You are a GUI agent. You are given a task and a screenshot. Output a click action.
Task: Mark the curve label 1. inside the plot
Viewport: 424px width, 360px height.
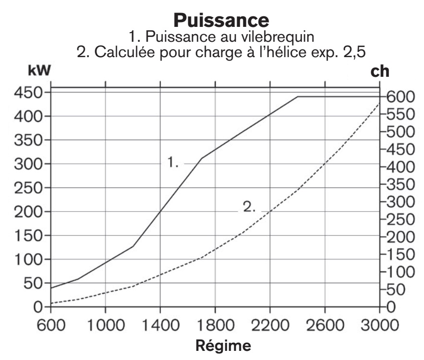(x=173, y=163)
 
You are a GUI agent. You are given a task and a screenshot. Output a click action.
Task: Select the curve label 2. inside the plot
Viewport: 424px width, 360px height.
(x=249, y=207)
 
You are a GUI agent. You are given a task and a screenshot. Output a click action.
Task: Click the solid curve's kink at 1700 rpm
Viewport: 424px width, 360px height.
(x=201, y=158)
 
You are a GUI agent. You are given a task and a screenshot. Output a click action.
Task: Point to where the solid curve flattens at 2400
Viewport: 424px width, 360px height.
(x=297, y=96)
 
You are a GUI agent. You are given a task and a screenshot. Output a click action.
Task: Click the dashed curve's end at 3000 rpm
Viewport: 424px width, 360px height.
(x=379, y=103)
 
